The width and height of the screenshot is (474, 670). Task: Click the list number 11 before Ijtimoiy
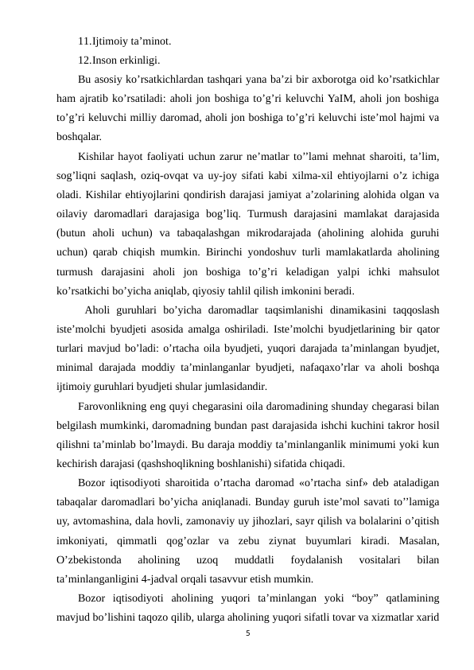[x=84, y=41]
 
